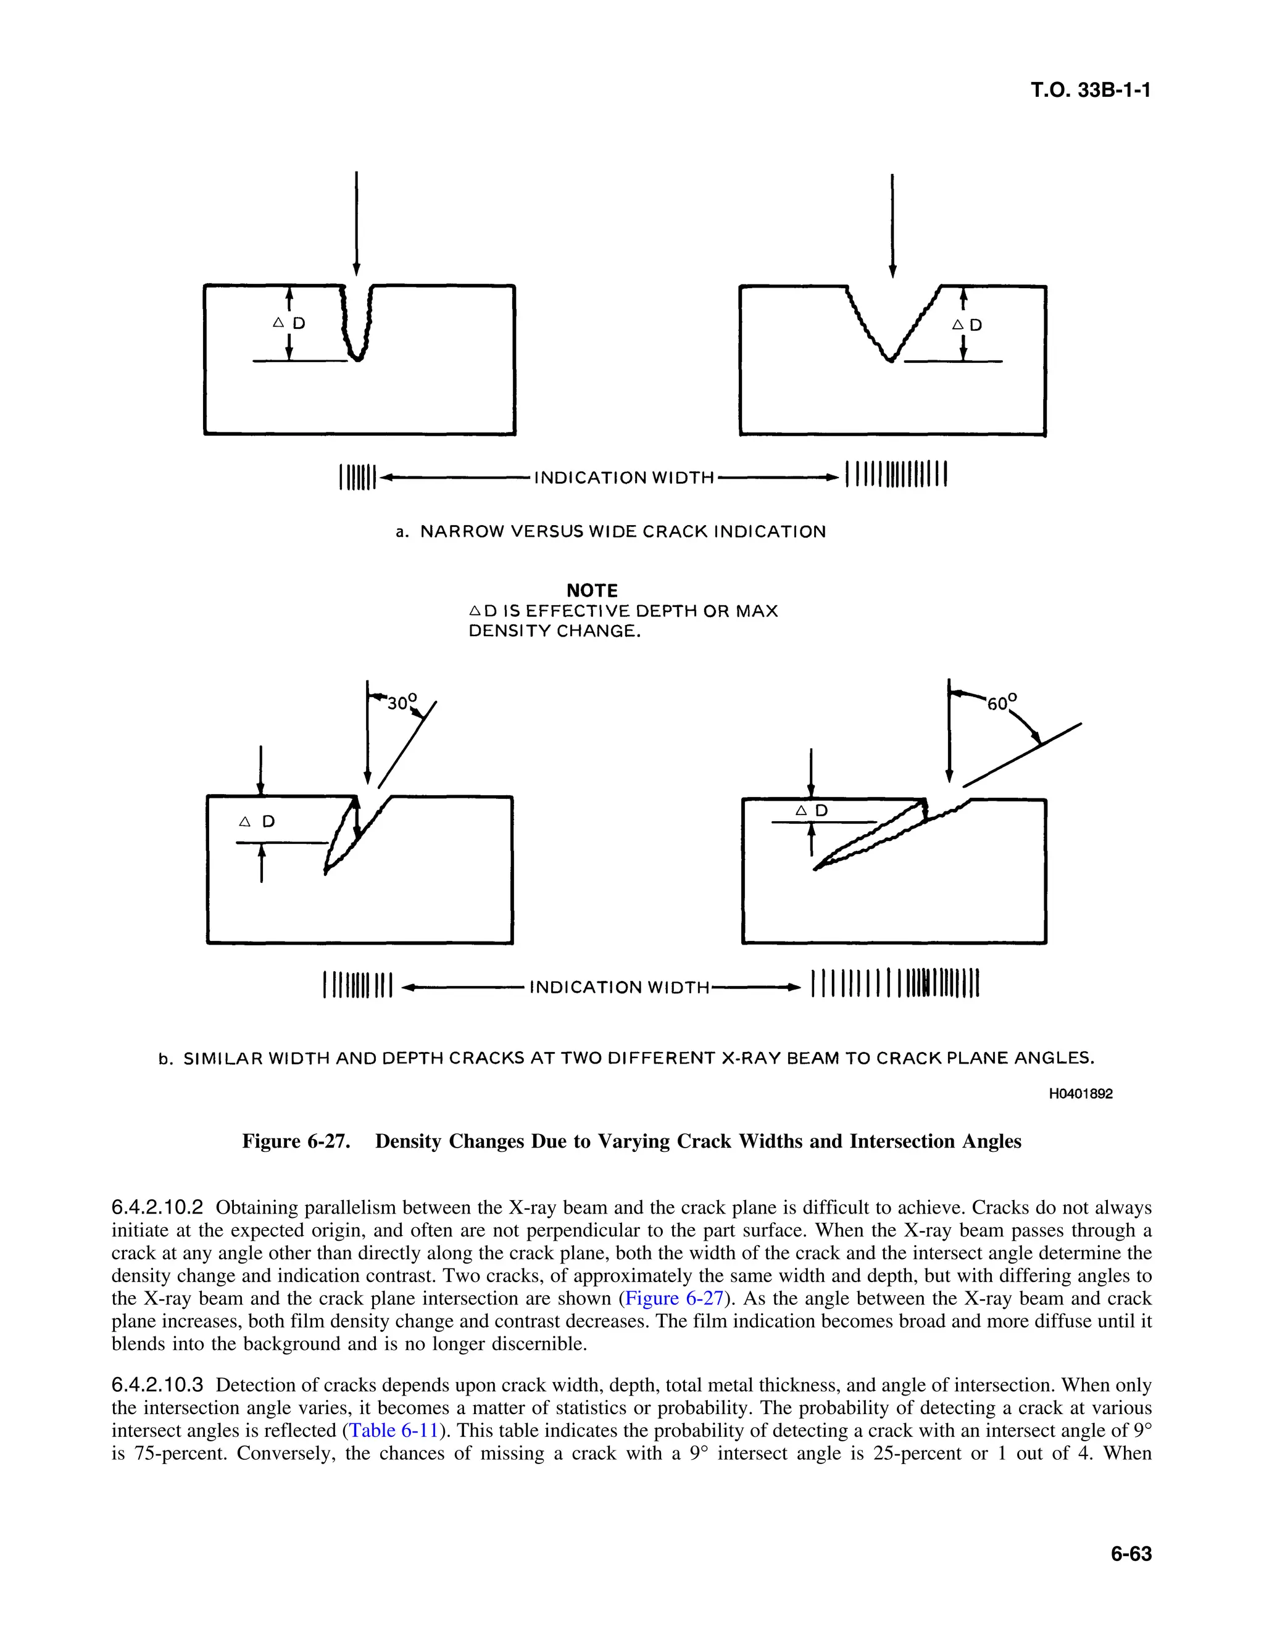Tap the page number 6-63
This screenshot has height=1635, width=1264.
click(x=1131, y=1554)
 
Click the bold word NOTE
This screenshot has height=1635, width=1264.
click(x=591, y=590)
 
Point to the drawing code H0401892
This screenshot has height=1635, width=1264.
click(x=1080, y=1094)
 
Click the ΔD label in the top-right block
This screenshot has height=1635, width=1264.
click(x=966, y=325)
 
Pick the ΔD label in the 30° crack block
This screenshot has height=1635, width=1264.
click(x=257, y=822)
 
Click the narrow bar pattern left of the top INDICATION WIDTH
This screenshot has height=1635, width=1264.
click(x=357, y=477)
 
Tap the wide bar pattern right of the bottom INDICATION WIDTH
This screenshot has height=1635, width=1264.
click(x=895, y=985)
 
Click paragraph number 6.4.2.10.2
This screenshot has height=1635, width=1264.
click(x=157, y=1207)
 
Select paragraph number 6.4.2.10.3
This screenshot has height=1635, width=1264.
click(x=157, y=1385)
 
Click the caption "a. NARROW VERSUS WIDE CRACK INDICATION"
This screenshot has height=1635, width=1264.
click(x=610, y=532)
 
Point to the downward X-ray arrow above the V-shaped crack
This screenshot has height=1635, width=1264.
click(x=892, y=225)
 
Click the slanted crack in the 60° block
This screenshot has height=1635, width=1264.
click(x=872, y=838)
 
